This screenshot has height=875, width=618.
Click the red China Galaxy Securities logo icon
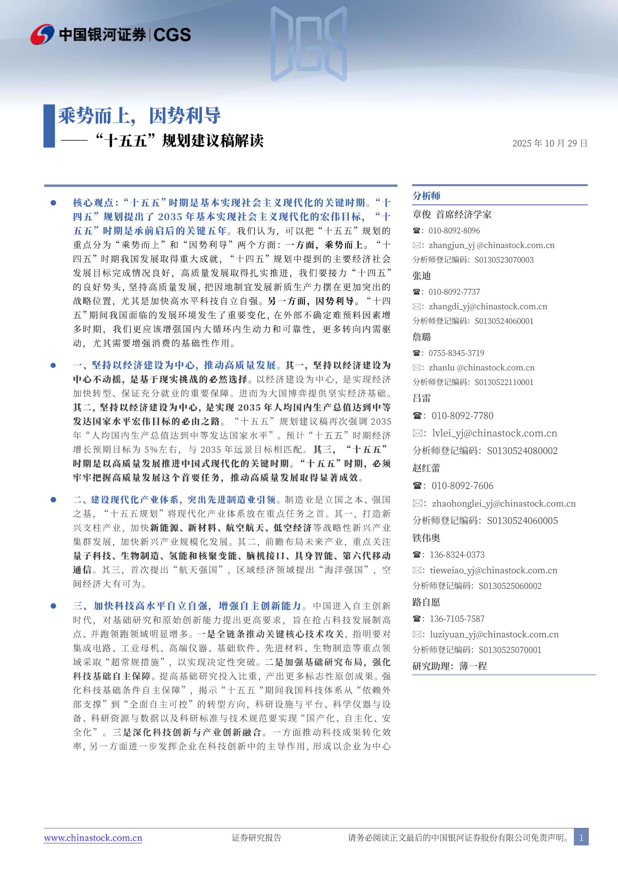[42, 34]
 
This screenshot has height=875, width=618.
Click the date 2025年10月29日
[549, 143]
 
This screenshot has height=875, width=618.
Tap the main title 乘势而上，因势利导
[139, 116]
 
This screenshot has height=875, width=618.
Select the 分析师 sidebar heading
[426, 196]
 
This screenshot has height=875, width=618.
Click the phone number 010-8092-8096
[454, 230]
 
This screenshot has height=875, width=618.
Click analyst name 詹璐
[422, 337]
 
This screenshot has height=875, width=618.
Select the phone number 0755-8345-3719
[456, 353]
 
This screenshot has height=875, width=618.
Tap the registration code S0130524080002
[522, 451]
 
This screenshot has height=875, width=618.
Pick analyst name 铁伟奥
[426, 538]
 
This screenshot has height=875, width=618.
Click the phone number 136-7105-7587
[457, 619]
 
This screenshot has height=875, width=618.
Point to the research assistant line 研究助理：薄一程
[450, 666]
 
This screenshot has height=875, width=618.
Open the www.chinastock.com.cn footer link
[93, 838]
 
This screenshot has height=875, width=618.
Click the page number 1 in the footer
[581, 838]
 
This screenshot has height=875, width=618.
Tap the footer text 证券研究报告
[256, 838]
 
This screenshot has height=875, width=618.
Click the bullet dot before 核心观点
[53, 203]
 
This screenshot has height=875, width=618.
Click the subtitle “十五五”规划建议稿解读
[179, 141]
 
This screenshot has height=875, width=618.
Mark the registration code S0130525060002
[510, 586]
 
